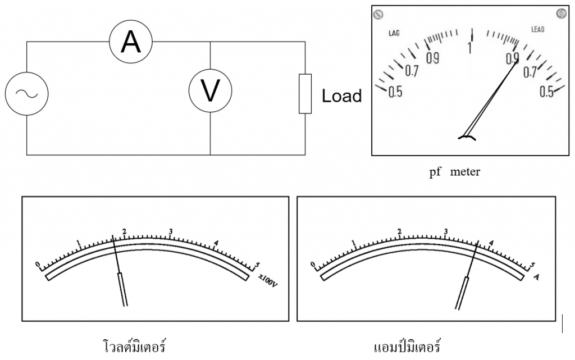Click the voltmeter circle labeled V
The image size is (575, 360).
(x=209, y=90)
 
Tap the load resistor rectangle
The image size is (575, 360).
(x=305, y=93)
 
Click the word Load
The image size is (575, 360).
(x=341, y=96)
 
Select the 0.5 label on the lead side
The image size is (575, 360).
(x=546, y=92)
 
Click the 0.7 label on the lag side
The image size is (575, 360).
(x=412, y=71)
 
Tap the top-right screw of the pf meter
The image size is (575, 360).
(x=560, y=12)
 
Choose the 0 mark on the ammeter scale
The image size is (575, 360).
(x=313, y=264)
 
